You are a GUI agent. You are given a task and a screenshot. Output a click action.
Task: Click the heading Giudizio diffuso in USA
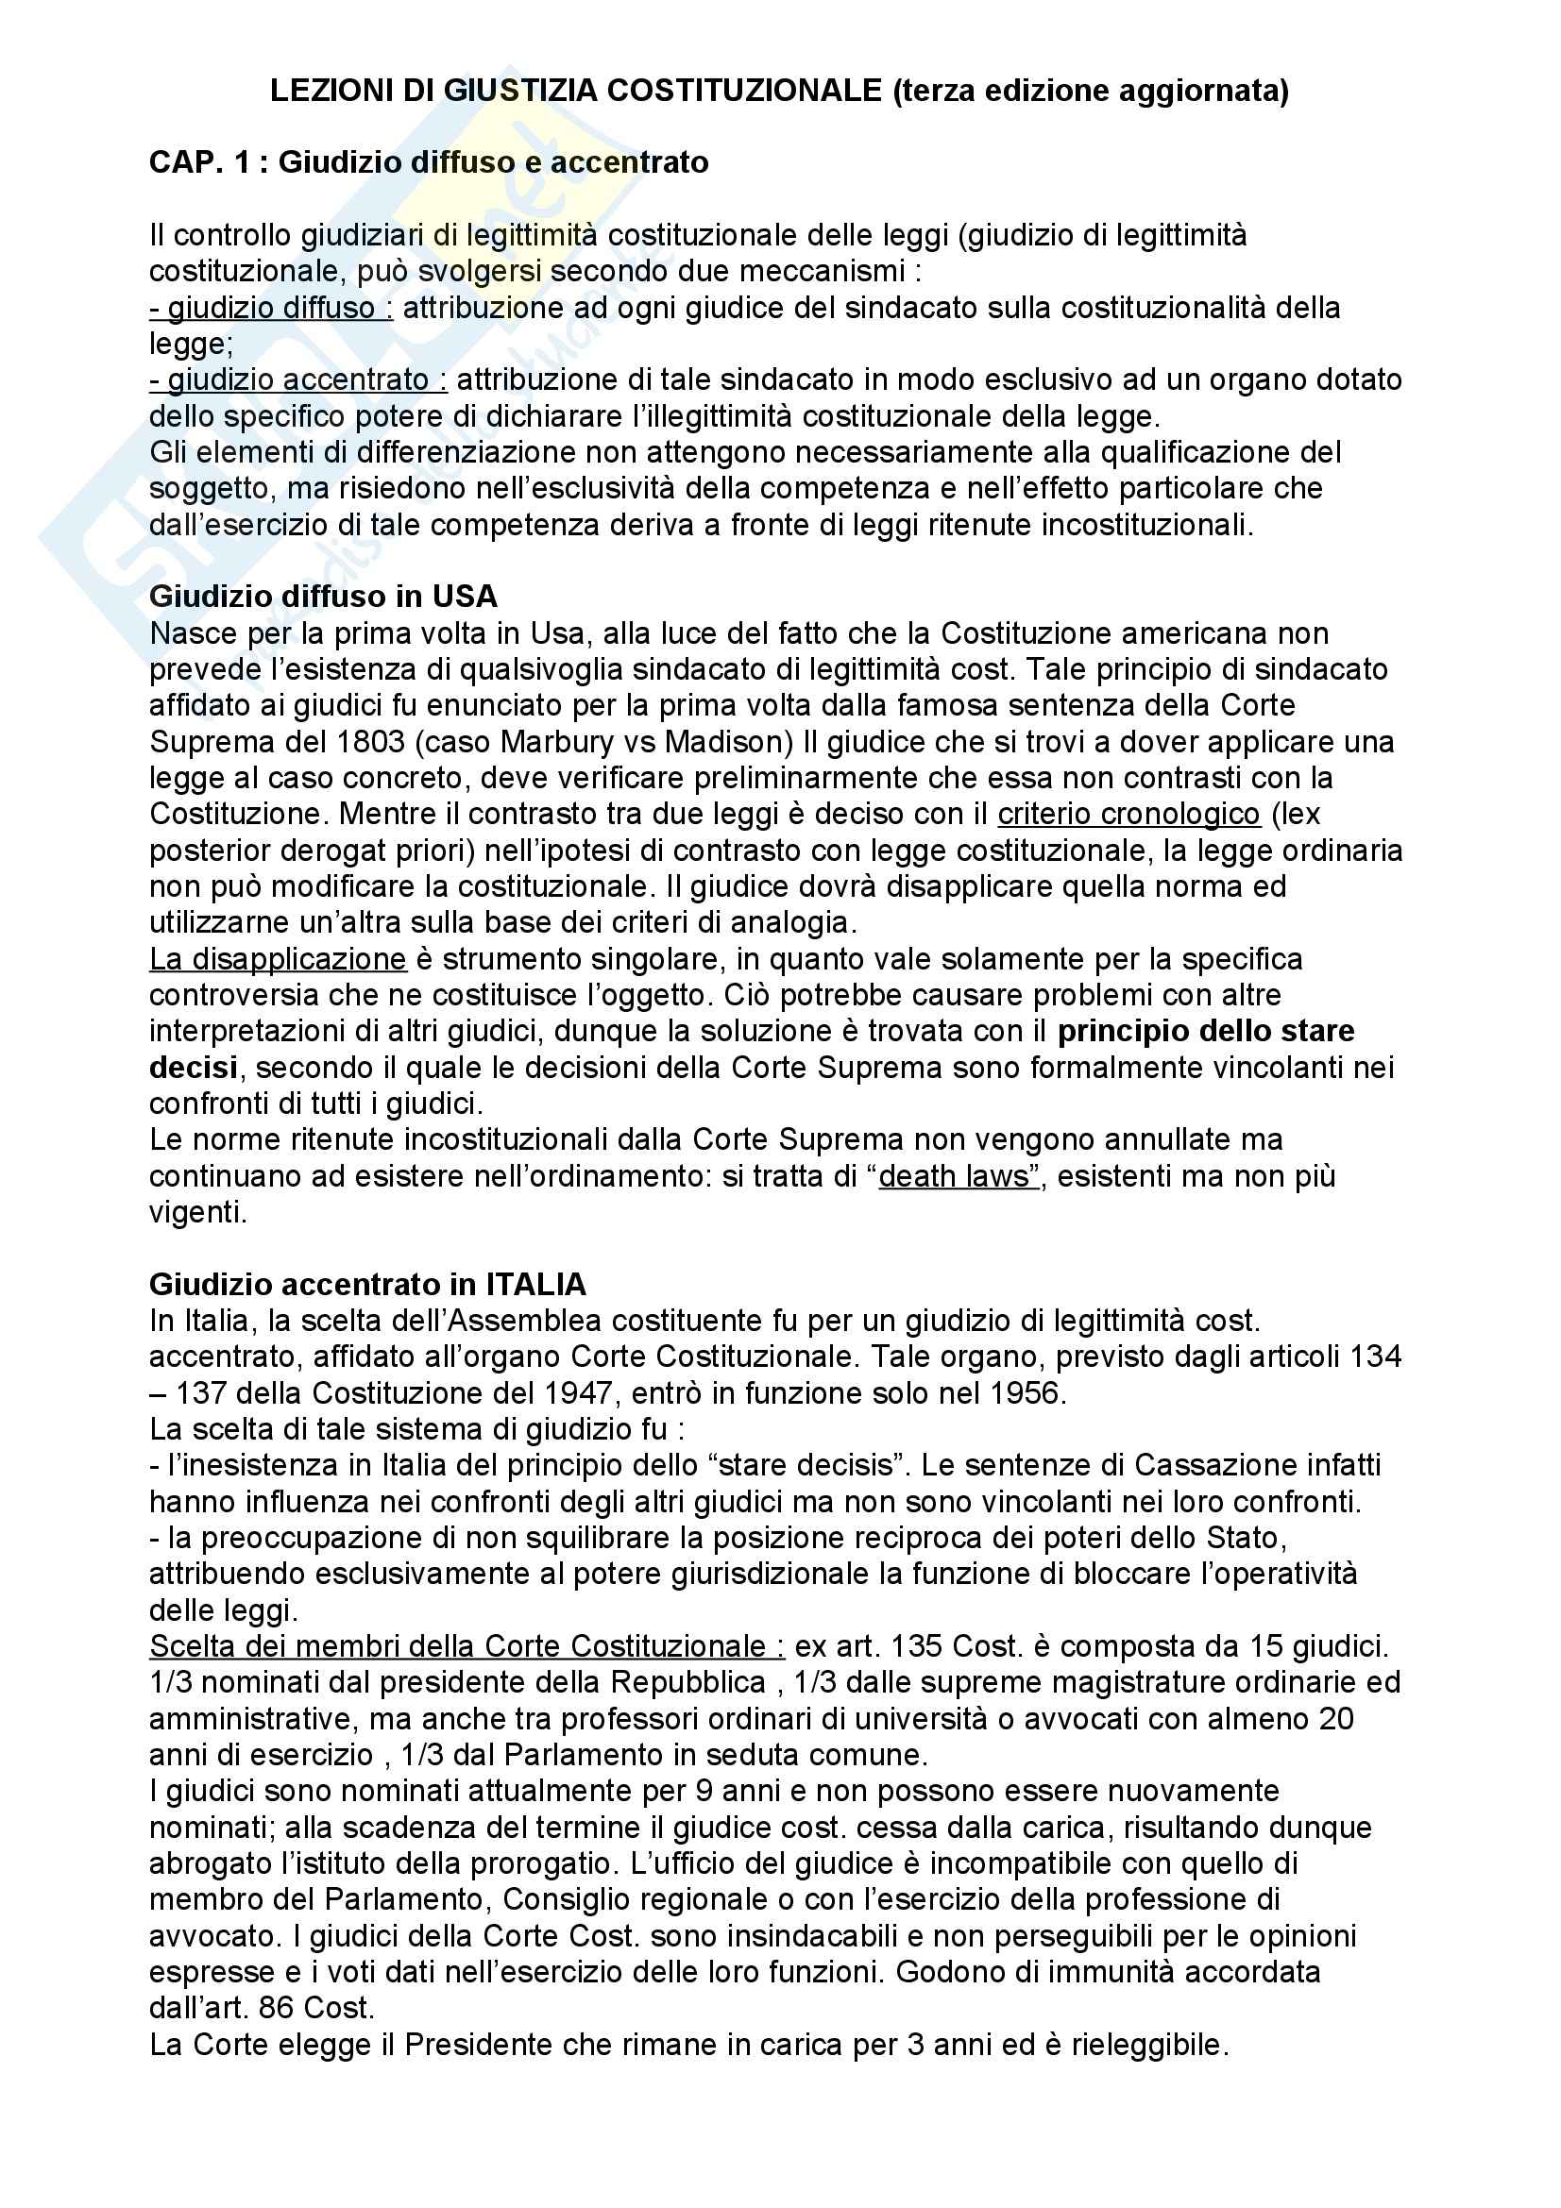pyautogui.click(x=323, y=597)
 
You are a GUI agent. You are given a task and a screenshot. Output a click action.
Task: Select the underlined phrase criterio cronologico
pyautogui.click(x=1128, y=814)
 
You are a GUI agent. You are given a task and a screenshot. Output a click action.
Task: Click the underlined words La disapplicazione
pyautogui.click(x=278, y=959)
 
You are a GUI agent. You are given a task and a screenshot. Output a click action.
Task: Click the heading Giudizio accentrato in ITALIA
pyautogui.click(x=367, y=1284)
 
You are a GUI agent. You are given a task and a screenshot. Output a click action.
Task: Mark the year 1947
pyautogui.click(x=578, y=1392)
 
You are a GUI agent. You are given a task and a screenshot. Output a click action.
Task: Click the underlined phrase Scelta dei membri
pyautogui.click(x=289, y=1646)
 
